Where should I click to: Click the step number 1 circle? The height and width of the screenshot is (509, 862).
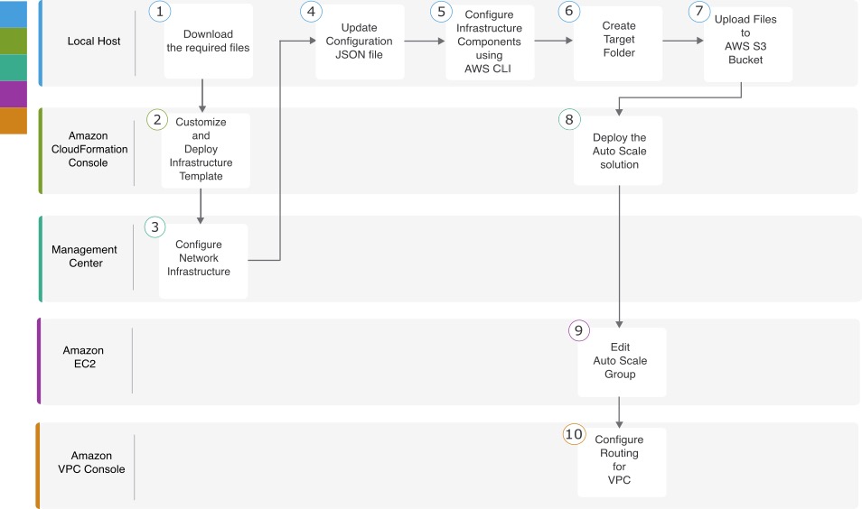[159, 12]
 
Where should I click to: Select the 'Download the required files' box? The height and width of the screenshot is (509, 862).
[209, 42]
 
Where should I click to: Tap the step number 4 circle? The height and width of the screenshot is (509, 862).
[311, 12]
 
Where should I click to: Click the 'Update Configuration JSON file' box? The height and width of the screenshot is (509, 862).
[360, 42]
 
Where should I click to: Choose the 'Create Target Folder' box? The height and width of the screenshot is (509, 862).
[618, 43]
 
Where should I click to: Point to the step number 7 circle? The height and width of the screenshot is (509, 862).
[698, 12]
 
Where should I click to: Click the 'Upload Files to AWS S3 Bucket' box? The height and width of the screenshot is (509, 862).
[747, 44]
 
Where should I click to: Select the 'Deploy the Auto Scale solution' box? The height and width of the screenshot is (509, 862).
[618, 151]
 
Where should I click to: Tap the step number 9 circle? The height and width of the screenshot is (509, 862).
[578, 330]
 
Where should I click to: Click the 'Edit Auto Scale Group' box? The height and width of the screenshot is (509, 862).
[622, 362]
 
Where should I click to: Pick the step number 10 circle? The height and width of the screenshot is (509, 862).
[574, 434]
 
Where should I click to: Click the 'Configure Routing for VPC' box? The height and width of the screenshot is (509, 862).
[622, 462]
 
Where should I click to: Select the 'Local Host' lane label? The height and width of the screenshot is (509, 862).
[94, 42]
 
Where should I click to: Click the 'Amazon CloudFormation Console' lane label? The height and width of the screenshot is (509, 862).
[89, 149]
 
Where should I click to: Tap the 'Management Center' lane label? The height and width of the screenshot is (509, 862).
[85, 256]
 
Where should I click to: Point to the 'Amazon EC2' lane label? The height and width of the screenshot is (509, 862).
[83, 356]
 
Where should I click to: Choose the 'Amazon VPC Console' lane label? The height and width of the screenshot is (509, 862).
[91, 462]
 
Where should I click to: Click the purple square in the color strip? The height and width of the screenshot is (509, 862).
[14, 95]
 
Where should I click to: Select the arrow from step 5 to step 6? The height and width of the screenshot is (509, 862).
[554, 41]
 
